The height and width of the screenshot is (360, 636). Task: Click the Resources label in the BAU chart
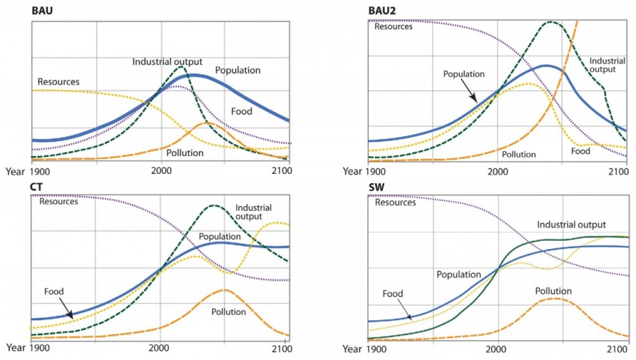pos(58,81)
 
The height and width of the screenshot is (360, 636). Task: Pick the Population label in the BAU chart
pos(238,70)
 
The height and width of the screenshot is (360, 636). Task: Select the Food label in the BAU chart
pos(242,112)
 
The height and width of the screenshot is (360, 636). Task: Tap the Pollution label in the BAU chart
pos(185,152)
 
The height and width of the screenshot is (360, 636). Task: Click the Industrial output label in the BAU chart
pos(167,61)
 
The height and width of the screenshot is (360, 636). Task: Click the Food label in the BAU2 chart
pos(581,151)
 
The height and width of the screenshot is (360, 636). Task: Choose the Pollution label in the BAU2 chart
pos(519,155)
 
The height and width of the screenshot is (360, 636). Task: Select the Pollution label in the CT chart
pos(229,312)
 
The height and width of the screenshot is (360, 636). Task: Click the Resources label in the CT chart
pos(58,200)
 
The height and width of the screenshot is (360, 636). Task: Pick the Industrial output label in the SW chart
pos(571,225)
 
